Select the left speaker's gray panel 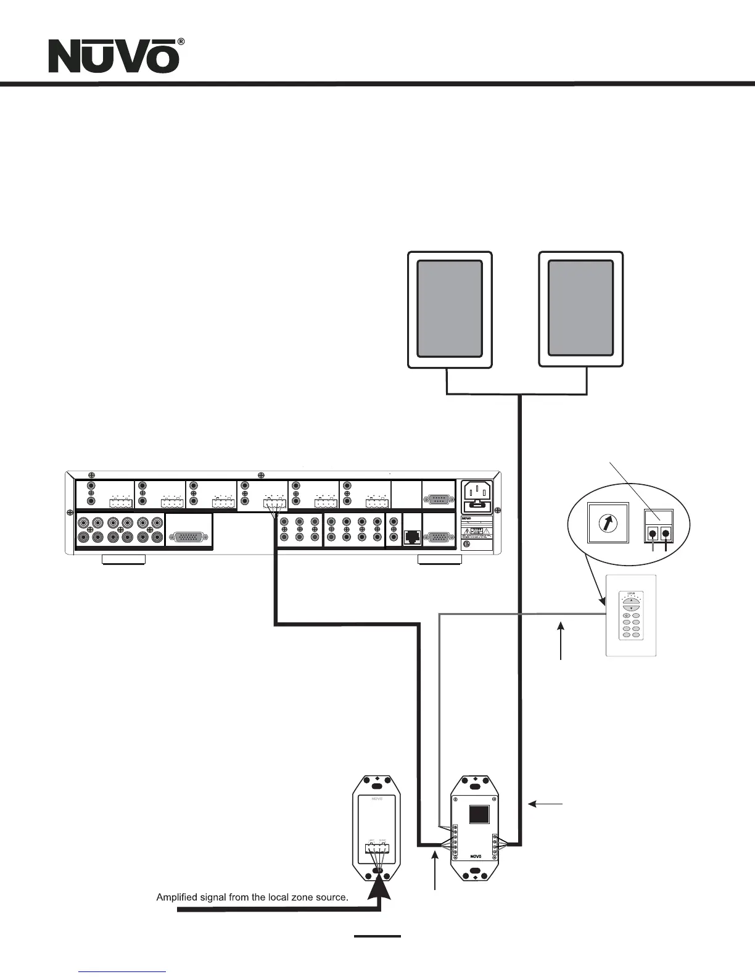pyautogui.click(x=450, y=308)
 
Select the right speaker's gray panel pyautogui.click(x=580, y=308)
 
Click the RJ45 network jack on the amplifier pyautogui.click(x=411, y=537)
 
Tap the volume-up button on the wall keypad pyautogui.click(x=630, y=600)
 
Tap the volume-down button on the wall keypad pyautogui.click(x=630, y=608)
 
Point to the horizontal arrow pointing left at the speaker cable pyautogui.click(x=545, y=803)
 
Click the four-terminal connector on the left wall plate pyautogui.click(x=376, y=849)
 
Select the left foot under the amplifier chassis pyautogui.click(x=123, y=559)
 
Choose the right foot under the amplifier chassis pyautogui.click(x=439, y=559)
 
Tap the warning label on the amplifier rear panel pyautogui.click(x=477, y=531)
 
